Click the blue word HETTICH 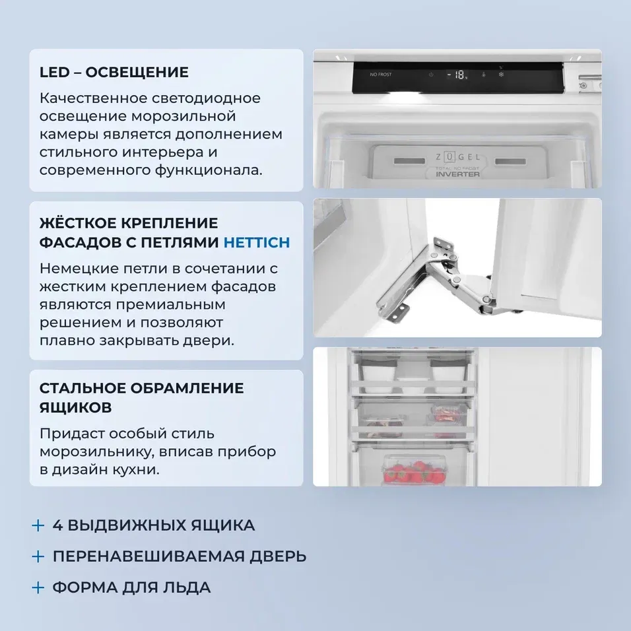click(x=257, y=242)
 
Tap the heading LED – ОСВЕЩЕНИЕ click(x=114, y=72)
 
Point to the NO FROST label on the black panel click(x=381, y=75)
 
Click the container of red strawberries click(x=407, y=469)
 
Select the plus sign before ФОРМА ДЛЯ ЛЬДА click(x=38, y=587)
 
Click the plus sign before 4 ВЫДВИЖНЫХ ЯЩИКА click(x=38, y=526)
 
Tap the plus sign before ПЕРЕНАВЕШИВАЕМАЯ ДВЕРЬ click(x=38, y=556)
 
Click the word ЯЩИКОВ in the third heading click(x=75, y=407)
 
